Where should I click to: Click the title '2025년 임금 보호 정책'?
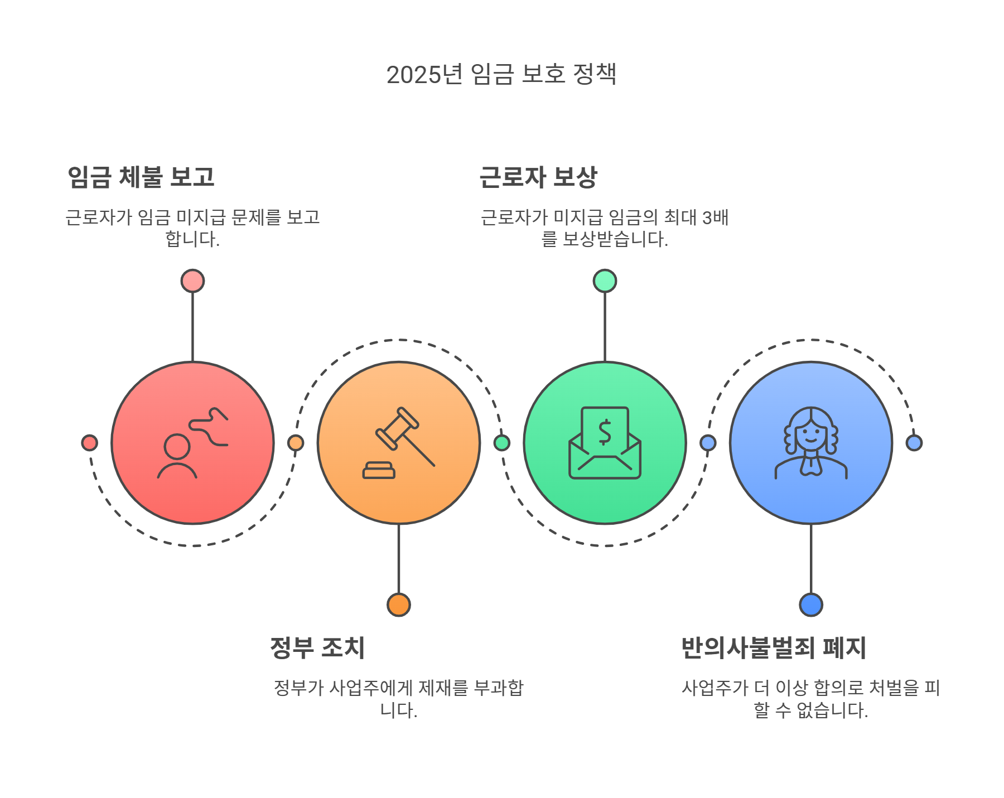tap(501, 74)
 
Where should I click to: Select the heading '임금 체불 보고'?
tap(141, 177)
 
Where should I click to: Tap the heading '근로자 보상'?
tap(538, 177)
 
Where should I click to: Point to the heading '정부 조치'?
tap(317, 648)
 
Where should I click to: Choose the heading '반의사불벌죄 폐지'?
tap(773, 648)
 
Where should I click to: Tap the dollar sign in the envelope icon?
tap(605, 432)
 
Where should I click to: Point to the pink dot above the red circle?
tap(192, 281)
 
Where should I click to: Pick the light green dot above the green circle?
tap(605, 281)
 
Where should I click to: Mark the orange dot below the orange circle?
tap(399, 604)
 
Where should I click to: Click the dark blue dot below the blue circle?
tap(811, 604)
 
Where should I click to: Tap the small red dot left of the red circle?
tap(89, 443)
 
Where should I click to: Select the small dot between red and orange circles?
tap(296, 443)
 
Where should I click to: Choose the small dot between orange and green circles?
tap(501, 443)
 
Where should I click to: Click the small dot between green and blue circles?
tap(708, 443)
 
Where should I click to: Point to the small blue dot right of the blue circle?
tap(914, 443)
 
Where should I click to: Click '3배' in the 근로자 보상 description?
tap(715, 217)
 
